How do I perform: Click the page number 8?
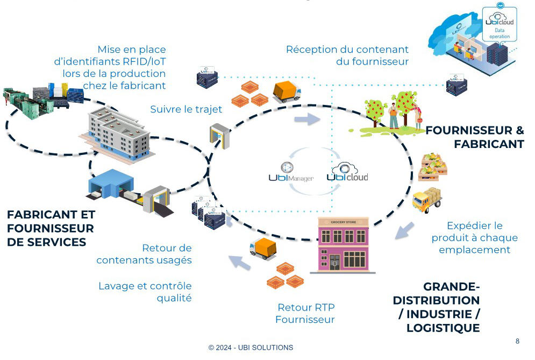[517, 341]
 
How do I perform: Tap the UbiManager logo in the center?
[290, 172]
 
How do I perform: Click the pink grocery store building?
[343, 244]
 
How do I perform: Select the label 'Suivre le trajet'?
[186, 110]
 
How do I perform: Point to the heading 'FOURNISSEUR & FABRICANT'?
[475, 137]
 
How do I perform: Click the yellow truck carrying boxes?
[427, 200]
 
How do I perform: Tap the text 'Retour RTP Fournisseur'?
[305, 314]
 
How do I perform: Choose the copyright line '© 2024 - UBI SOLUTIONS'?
[251, 348]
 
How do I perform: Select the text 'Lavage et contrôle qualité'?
[145, 292]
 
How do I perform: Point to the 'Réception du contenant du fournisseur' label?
[347, 55]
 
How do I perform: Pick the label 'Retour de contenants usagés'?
[144, 254]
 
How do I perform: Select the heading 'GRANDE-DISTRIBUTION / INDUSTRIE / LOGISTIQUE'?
[436, 307]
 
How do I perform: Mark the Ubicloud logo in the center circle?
[347, 173]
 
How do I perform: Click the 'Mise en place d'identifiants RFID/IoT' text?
[110, 67]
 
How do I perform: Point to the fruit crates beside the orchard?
[433, 167]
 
